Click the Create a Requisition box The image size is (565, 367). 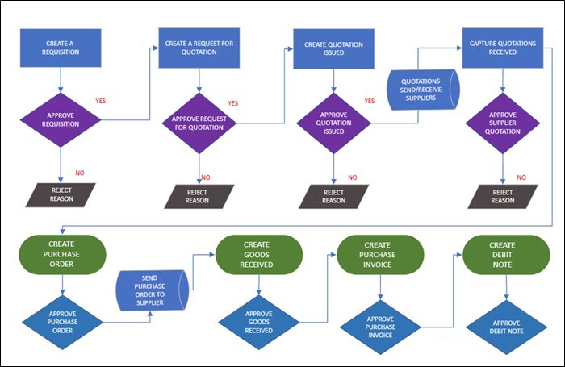click(61, 48)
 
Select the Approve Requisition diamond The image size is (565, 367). click(61, 120)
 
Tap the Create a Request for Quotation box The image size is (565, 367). click(199, 48)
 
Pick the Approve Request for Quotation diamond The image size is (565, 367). click(199, 123)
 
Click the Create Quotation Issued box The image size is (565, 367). click(333, 48)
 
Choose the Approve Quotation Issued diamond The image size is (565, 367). click(333, 123)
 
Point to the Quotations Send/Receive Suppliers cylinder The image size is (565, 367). click(423, 90)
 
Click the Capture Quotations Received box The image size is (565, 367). click(503, 48)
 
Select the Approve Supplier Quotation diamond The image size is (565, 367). click(503, 123)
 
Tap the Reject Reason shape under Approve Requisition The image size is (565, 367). click(61, 195)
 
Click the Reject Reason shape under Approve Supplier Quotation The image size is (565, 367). click(503, 197)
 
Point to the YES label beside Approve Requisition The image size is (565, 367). click(101, 101)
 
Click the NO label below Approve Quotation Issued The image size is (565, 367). click(353, 177)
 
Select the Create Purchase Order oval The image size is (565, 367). click(62, 254)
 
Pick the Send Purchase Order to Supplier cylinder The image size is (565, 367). click(152, 290)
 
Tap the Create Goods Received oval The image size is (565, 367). click(259, 255)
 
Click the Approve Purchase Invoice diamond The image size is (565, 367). click(380, 327)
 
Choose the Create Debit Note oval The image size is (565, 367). click(506, 255)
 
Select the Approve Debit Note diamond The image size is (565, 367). click(507, 327)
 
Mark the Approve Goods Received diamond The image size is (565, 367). click(259, 323)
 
